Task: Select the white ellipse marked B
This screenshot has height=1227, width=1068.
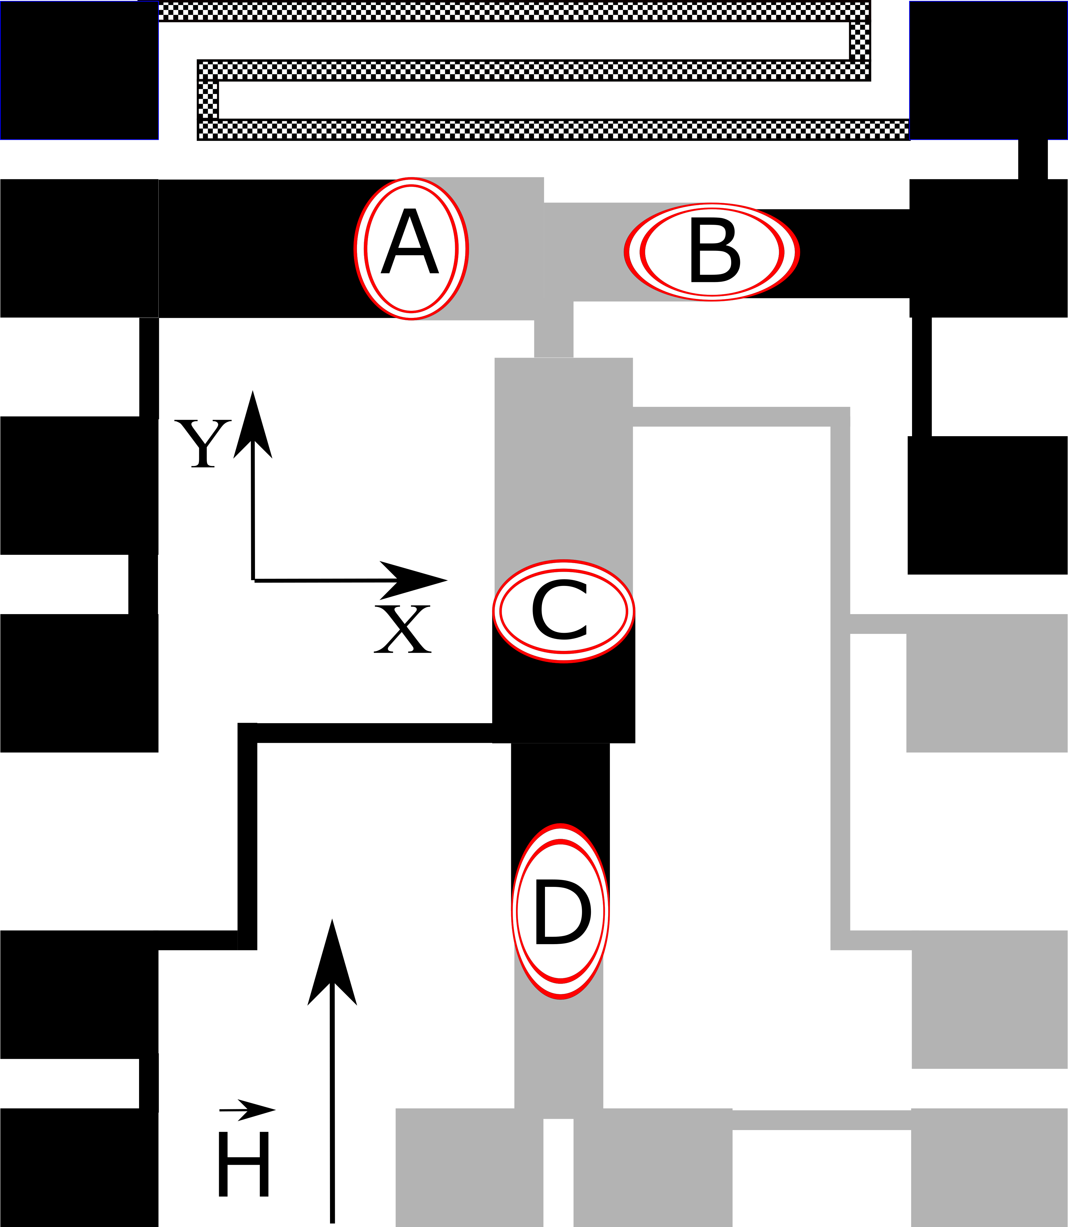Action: (x=712, y=252)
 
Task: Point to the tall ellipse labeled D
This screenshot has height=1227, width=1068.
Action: (x=560, y=912)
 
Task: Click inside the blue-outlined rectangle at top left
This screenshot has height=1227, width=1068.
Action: (x=79, y=70)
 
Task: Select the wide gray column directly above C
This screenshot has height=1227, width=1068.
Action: (x=563, y=465)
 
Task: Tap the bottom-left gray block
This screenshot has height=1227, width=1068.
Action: (x=469, y=1168)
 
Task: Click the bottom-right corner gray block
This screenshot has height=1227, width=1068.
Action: (x=989, y=1168)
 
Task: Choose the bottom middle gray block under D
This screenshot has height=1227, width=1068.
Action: (x=653, y=1168)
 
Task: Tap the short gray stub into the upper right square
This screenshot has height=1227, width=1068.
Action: (x=877, y=624)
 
